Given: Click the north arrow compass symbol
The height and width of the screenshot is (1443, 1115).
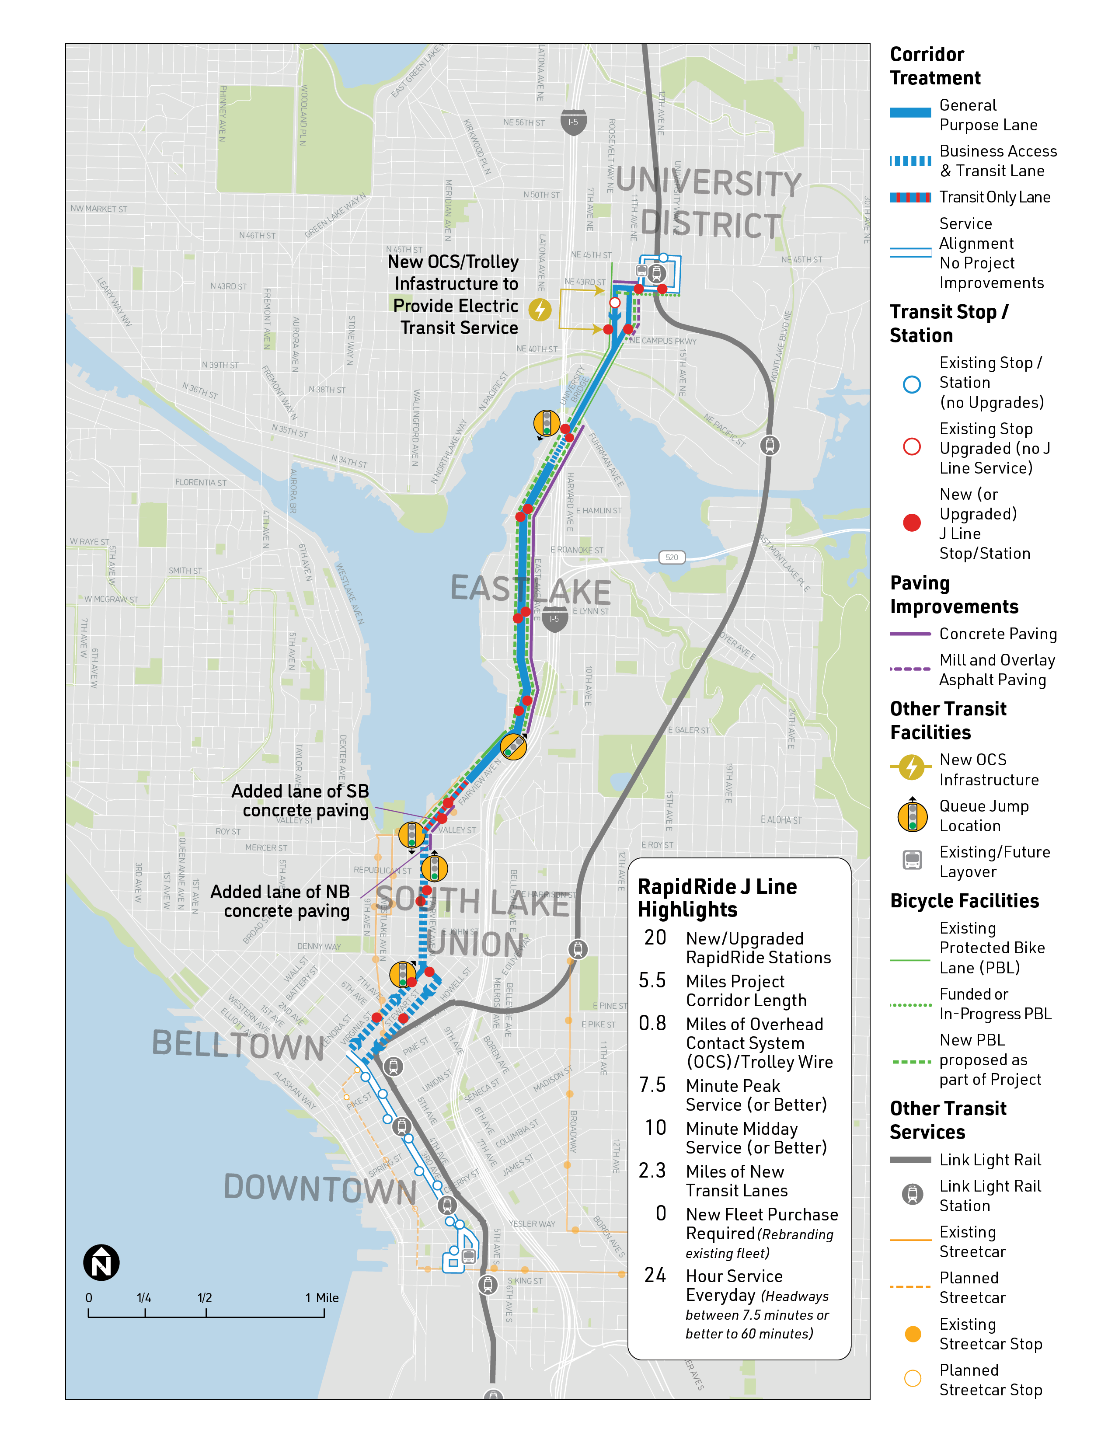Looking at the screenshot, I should pyautogui.click(x=101, y=1263).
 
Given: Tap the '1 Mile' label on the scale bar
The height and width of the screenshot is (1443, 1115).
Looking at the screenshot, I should pyautogui.click(x=322, y=1298).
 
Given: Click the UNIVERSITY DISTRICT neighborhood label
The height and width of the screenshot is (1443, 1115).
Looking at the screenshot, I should pyautogui.click(x=709, y=203).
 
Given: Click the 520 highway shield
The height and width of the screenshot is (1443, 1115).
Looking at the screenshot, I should pyautogui.click(x=671, y=557).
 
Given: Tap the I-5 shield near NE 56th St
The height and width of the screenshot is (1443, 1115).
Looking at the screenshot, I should pyautogui.click(x=573, y=123).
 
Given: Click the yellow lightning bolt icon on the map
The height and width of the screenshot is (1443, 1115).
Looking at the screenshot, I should pyautogui.click(x=540, y=309).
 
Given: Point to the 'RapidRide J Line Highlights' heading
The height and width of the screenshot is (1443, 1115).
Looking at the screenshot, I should pyautogui.click(x=717, y=897).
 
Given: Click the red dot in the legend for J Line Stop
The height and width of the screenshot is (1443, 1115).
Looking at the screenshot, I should pyautogui.click(x=912, y=523).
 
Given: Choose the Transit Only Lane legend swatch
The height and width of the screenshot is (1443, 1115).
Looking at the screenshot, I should pyautogui.click(x=910, y=198).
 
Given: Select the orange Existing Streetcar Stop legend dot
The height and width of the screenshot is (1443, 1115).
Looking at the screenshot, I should pyautogui.click(x=912, y=1334).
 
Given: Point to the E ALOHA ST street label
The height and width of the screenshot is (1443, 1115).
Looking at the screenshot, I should pyautogui.click(x=781, y=820).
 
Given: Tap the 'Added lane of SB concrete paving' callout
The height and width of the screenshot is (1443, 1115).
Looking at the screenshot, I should pyautogui.click(x=300, y=800).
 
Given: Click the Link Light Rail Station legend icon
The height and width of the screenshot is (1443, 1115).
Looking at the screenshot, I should pyautogui.click(x=912, y=1195).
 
